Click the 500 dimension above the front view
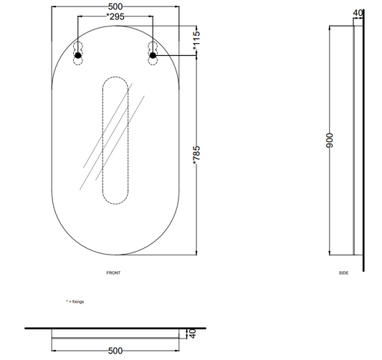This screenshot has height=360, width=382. pyautogui.click(x=115, y=6)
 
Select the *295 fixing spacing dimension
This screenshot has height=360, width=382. pyautogui.click(x=115, y=16)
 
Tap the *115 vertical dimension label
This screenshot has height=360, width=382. pyautogui.click(x=196, y=40)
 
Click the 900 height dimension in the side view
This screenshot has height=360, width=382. pyautogui.click(x=330, y=141)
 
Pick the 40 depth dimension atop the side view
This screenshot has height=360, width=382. pyautogui.click(x=358, y=13)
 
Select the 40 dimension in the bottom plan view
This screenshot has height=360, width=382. pyautogui.click(x=193, y=333)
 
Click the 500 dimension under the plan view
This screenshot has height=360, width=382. pyautogui.click(x=115, y=351)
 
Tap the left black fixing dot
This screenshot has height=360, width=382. pyautogui.click(x=78, y=55)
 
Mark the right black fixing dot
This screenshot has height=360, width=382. pyautogui.click(x=153, y=55)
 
